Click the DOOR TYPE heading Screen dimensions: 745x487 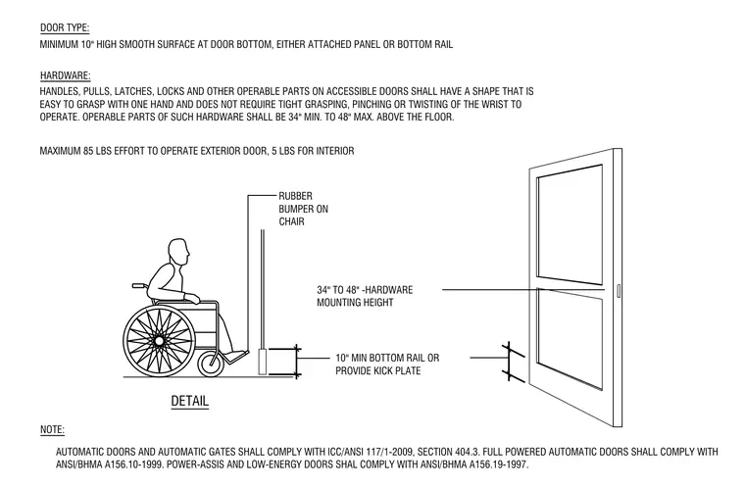coord(65,27)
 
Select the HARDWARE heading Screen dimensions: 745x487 coord(65,75)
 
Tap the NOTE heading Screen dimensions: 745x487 coord(52,429)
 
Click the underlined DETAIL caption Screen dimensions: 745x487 coord(189,401)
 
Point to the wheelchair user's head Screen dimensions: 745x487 coord(178,252)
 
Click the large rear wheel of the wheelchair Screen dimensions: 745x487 coord(159,341)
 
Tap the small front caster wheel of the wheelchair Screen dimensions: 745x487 coord(211,364)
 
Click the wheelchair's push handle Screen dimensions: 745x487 coord(139,286)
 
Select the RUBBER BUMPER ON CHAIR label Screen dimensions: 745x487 coord(303,209)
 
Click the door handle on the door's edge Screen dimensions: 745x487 coord(619,291)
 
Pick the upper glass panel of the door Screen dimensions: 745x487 coord(570,224)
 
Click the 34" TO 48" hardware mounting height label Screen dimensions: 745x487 coord(365,296)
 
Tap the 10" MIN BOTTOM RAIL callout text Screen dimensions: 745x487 coord(387,364)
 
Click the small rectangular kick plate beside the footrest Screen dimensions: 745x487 coord(263,362)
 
